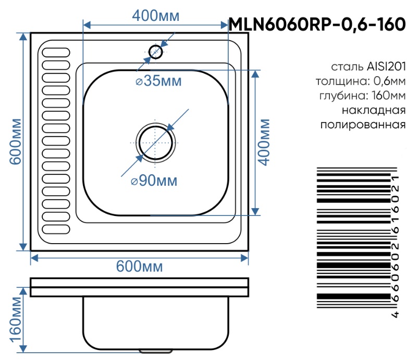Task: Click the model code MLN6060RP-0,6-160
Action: coord(317,24)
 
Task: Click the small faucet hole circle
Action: coord(155,52)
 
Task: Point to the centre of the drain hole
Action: coord(156,142)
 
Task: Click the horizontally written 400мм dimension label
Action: coord(156,16)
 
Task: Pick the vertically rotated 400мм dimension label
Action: coord(265,142)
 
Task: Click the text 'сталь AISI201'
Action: coord(368,67)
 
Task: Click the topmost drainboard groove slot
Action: coord(56,53)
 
